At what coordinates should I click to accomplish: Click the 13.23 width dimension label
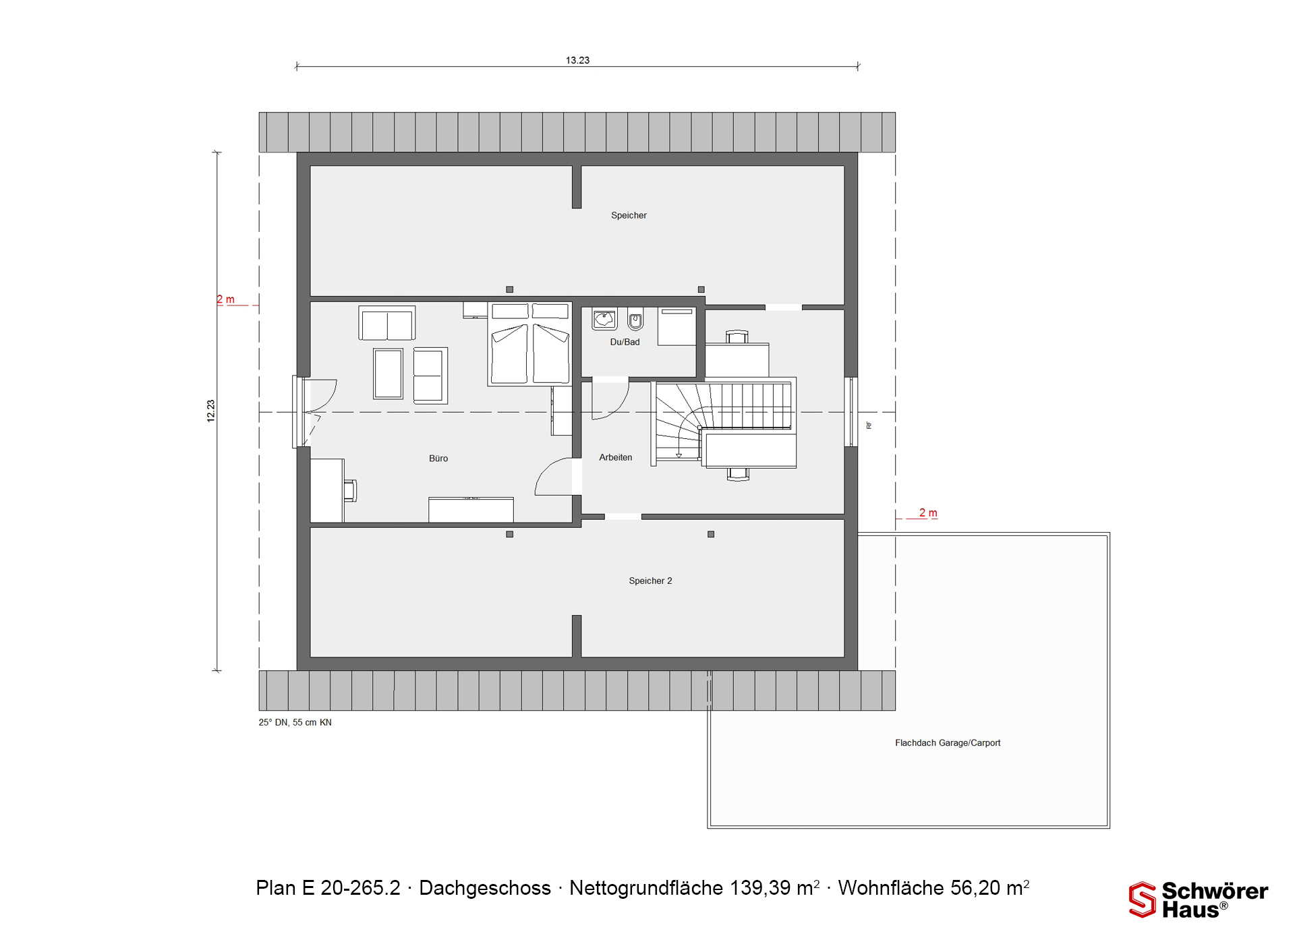click(577, 60)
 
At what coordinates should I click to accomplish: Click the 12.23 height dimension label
click(211, 411)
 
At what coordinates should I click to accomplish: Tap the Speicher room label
click(629, 215)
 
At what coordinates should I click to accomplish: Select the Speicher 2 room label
click(650, 581)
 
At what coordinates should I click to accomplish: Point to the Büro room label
click(438, 458)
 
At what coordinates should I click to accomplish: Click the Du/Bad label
click(625, 342)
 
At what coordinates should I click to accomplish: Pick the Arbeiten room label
click(616, 457)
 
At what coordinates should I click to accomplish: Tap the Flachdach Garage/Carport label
click(948, 742)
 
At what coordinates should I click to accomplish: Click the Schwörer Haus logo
click(1199, 899)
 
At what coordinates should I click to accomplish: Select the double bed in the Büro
click(530, 344)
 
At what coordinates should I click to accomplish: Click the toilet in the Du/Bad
click(635, 318)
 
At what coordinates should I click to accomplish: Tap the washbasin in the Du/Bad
click(604, 319)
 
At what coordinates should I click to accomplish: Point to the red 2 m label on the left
click(226, 299)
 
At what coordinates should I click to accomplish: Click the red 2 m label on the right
click(928, 513)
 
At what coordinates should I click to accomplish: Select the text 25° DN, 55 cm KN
click(295, 722)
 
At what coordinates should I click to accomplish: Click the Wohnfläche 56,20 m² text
click(933, 887)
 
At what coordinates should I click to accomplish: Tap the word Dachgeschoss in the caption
click(485, 888)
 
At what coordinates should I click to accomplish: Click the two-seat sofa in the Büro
click(387, 324)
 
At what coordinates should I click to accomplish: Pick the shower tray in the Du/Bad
click(677, 327)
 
